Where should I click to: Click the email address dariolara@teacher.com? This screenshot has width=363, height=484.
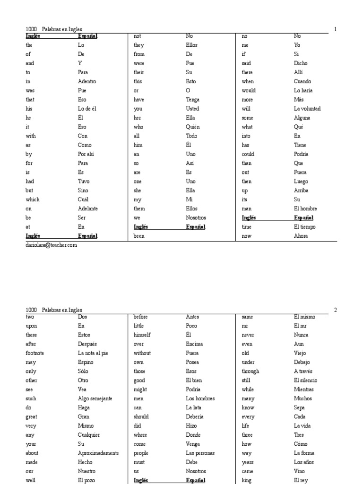point(51,245)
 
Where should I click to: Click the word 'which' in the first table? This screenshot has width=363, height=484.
point(33,199)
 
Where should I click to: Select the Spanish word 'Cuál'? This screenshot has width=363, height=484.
point(83,199)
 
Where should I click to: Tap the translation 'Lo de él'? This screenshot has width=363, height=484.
point(87,109)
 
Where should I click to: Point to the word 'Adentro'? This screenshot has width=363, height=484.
point(87,81)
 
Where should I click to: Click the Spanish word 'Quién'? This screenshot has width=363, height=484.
point(193,127)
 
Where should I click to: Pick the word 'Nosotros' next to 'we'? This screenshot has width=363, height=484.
point(196,218)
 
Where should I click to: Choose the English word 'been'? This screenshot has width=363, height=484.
point(139,236)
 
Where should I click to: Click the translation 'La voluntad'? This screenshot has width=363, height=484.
point(307,109)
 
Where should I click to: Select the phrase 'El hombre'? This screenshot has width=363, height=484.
point(305,208)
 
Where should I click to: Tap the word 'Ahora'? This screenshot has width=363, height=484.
point(301,236)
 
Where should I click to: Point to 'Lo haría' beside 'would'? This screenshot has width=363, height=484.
point(303,90)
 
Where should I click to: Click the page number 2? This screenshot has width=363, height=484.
point(335,310)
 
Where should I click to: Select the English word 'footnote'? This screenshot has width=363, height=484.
point(35,353)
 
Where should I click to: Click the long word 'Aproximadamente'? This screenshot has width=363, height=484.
point(98,453)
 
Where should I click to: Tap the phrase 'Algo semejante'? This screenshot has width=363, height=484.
point(95,398)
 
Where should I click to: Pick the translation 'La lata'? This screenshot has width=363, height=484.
point(194,407)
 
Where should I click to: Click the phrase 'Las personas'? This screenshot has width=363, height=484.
point(200,453)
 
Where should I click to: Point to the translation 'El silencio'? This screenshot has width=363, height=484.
point(305,380)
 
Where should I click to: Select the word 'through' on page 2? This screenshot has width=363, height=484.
point(250,372)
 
